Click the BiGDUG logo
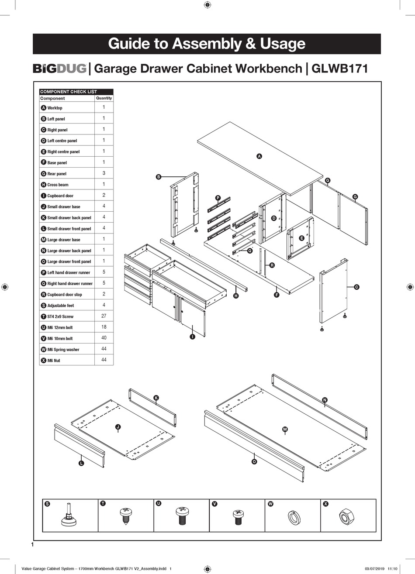(60, 69)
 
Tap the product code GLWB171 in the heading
(339, 69)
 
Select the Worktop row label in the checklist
(55, 108)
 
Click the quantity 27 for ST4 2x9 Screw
(104, 316)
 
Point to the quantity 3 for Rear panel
(104, 173)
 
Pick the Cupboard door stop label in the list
(64, 295)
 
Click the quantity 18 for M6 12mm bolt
(104, 327)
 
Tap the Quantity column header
(104, 98)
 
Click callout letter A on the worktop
(259, 156)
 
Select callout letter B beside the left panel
(159, 177)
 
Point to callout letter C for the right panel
(356, 287)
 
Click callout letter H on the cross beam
(236, 296)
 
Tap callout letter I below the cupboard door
(192, 337)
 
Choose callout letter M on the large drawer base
(285, 430)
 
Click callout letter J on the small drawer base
(118, 426)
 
